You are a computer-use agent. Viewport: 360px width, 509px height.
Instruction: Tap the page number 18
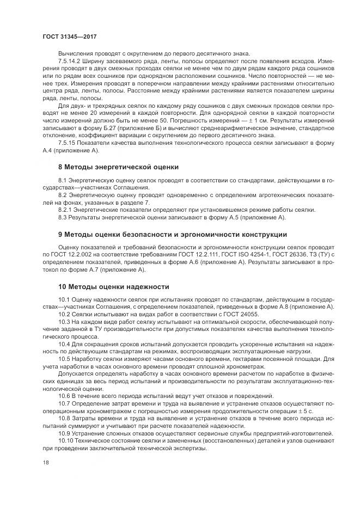coord(46,463)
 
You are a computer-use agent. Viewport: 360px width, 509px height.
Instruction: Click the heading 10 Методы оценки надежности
coord(114,286)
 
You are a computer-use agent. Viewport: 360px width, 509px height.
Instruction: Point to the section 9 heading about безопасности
coord(173,234)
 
